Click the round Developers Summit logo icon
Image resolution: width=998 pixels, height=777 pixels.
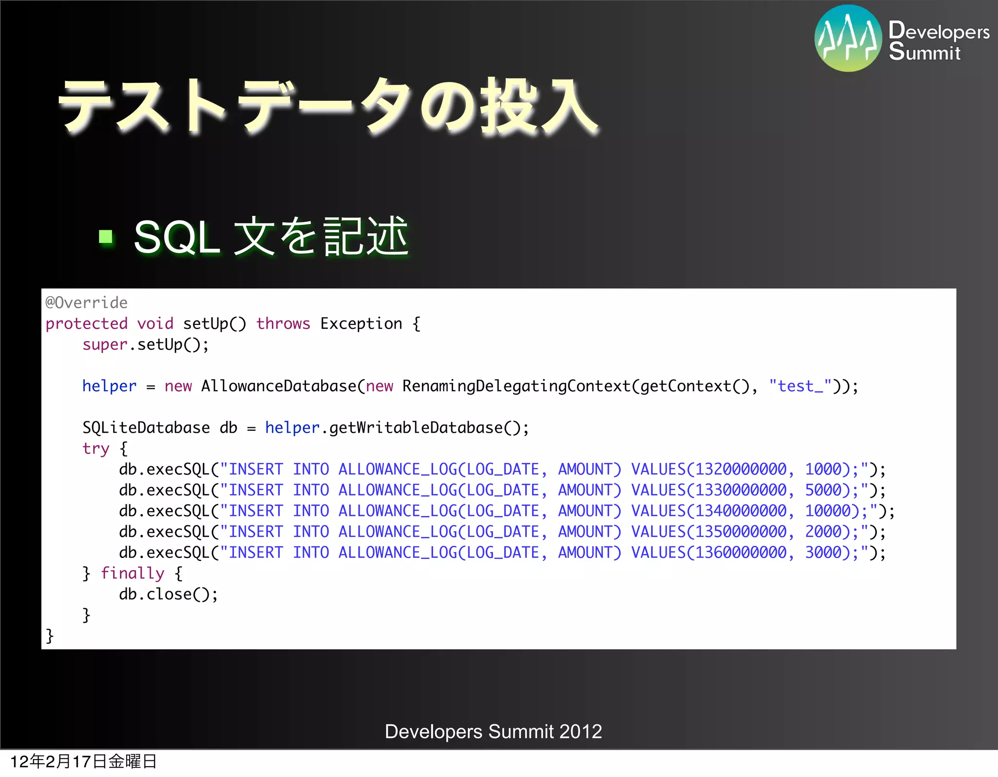click(848, 39)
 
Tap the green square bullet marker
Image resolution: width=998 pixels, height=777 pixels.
click(106, 237)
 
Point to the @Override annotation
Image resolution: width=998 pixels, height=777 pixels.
click(86, 303)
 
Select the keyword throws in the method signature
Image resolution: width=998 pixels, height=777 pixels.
click(283, 324)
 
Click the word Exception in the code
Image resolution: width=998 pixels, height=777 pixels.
click(361, 324)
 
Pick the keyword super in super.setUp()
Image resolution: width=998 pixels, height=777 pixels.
click(104, 345)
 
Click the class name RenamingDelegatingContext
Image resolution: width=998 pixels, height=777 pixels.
click(517, 386)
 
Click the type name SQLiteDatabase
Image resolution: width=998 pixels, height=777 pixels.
click(146, 428)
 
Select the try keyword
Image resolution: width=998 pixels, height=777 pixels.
click(96, 449)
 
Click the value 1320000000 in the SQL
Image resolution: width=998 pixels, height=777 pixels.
click(741, 469)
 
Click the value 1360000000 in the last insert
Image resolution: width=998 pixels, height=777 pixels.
click(741, 553)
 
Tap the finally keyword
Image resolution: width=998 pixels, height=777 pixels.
click(133, 574)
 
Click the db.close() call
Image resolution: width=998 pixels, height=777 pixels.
click(169, 595)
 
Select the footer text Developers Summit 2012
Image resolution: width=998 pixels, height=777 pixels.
click(493, 732)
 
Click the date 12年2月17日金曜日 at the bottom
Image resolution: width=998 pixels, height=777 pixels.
click(83, 761)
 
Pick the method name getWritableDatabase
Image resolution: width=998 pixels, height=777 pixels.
click(416, 428)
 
